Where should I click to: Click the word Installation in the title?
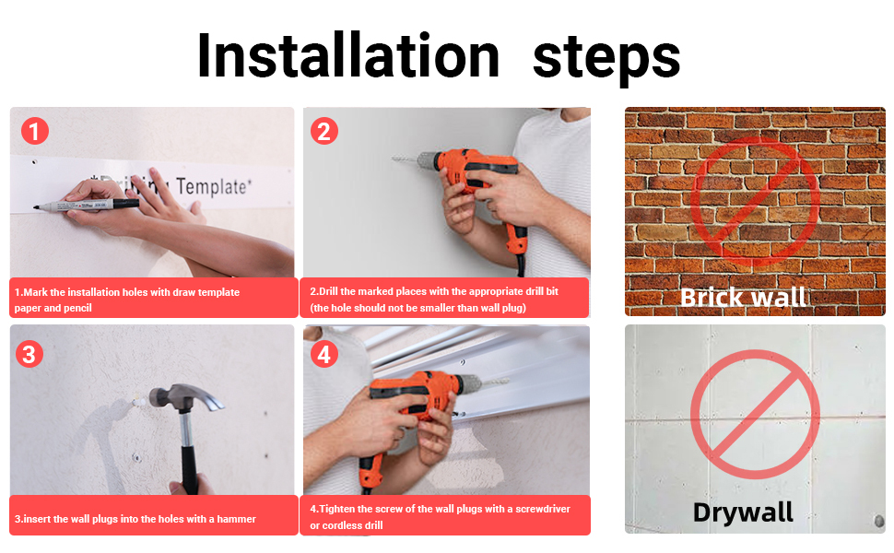(x=348, y=55)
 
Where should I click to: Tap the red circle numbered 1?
(x=35, y=131)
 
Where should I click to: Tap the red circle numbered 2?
(x=323, y=131)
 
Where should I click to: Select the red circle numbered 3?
(x=29, y=354)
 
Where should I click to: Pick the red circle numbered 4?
(x=323, y=354)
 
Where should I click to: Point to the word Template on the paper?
(x=213, y=186)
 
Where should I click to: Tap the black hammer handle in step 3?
(x=188, y=453)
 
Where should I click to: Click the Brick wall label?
(x=743, y=297)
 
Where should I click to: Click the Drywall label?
(x=743, y=512)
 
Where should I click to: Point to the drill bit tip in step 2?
(x=393, y=158)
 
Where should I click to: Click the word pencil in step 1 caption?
(x=77, y=308)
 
